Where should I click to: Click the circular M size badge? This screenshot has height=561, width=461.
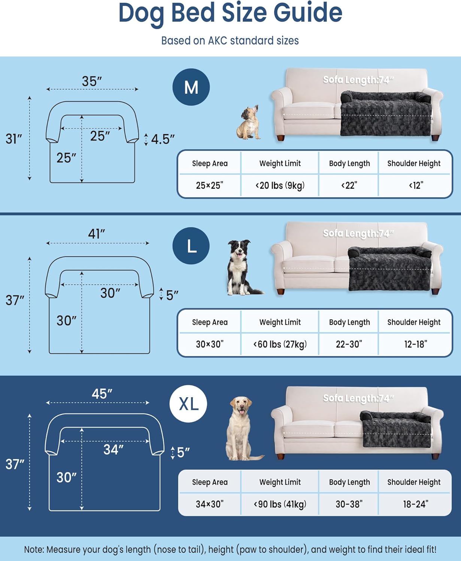click(x=191, y=87)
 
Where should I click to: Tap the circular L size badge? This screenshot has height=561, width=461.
click(x=191, y=246)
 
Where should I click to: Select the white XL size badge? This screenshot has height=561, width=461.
click(x=188, y=404)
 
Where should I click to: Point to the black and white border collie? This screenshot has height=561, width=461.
click(x=241, y=267)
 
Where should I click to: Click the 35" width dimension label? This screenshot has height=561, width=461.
click(x=92, y=81)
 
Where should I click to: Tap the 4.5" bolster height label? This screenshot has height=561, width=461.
click(x=163, y=139)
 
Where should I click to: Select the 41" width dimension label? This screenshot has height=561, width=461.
click(x=96, y=234)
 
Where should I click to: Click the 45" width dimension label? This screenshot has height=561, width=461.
click(x=102, y=394)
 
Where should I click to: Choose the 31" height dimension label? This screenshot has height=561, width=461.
click(x=14, y=139)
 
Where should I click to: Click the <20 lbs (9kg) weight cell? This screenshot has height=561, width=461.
click(x=280, y=185)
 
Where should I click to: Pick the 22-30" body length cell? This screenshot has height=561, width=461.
click(x=349, y=344)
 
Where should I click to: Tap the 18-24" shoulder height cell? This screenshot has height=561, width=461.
click(x=415, y=504)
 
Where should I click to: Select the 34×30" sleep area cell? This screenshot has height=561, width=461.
click(x=210, y=504)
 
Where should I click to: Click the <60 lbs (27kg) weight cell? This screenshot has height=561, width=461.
click(x=280, y=344)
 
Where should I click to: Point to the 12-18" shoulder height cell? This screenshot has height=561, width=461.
click(x=415, y=344)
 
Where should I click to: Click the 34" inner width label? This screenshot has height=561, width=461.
click(x=113, y=450)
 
